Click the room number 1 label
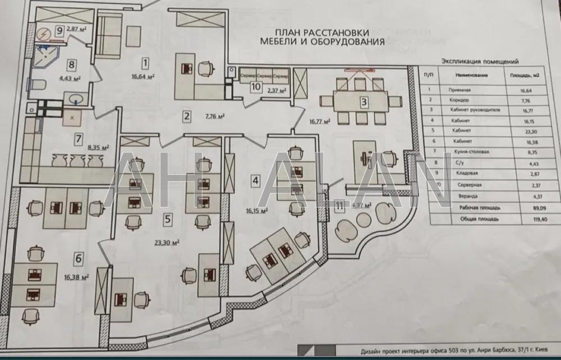[145, 62]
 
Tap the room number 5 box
[167, 220]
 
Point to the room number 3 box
[364, 102]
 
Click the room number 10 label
[256, 86]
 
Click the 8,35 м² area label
[98, 147]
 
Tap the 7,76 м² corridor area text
[215, 117]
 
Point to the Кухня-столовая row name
[468, 153]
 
